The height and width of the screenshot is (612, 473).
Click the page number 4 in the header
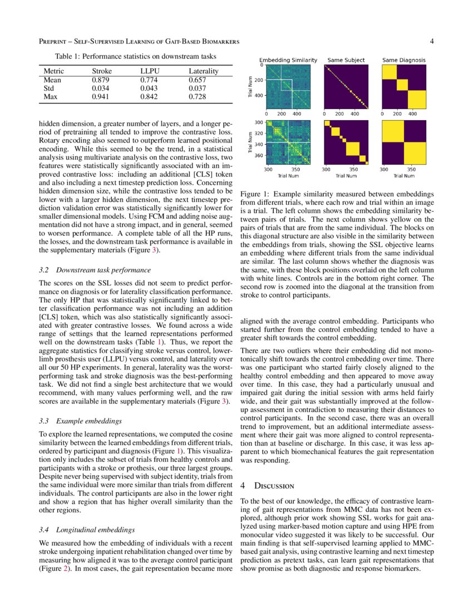click(432, 41)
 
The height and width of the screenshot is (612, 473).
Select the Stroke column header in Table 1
click(102, 71)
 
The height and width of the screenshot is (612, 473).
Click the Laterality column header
click(203, 71)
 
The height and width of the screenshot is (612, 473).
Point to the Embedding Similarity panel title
click(288, 60)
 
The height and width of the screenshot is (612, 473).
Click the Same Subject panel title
click(346, 60)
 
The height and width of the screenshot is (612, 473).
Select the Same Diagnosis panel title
click(403, 60)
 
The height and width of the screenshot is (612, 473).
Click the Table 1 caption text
click(135, 56)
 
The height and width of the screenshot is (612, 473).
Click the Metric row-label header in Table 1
click(54, 71)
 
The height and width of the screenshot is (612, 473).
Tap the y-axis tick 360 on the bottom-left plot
click(258, 156)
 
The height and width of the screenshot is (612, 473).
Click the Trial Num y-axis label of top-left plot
click(250, 87)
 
